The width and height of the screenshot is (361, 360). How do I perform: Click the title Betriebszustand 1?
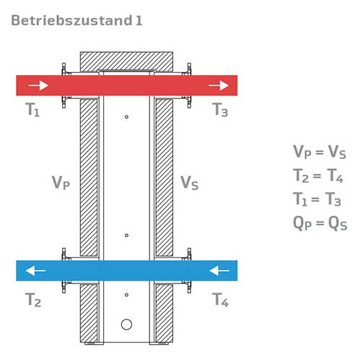point(77,20)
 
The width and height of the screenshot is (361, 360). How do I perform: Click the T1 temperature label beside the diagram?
point(32,110)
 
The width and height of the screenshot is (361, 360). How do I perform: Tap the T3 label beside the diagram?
point(220,110)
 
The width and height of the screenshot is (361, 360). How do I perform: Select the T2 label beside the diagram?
point(33,299)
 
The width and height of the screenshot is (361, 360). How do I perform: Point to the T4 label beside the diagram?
point(220,299)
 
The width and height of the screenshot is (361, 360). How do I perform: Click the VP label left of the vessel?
point(61,183)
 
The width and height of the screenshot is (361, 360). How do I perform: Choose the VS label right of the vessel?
point(189,183)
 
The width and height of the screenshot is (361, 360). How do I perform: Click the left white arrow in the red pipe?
point(38,85)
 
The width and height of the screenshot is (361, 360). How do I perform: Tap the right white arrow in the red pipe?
point(219,85)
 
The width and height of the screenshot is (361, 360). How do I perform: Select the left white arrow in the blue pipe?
point(35,270)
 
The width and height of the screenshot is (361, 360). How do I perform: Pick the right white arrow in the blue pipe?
point(219,270)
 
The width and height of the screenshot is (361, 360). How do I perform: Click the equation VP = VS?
point(319,152)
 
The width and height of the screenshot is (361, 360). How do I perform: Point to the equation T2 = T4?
point(318,176)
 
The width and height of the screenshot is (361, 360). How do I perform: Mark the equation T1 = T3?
point(317,199)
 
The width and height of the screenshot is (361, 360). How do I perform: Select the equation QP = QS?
point(320,223)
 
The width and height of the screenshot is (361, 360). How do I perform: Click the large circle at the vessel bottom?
point(126,325)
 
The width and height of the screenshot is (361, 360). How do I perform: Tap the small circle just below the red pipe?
point(126,117)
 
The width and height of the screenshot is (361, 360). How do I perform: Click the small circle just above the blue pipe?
point(126,235)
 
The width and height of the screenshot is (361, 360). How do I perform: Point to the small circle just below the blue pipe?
point(126,295)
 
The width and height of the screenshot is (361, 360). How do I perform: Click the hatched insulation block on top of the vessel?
point(126,61)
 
